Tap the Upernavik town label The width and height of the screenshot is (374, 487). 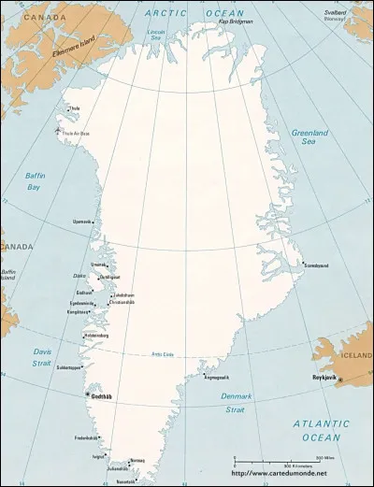(x=83, y=222)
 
